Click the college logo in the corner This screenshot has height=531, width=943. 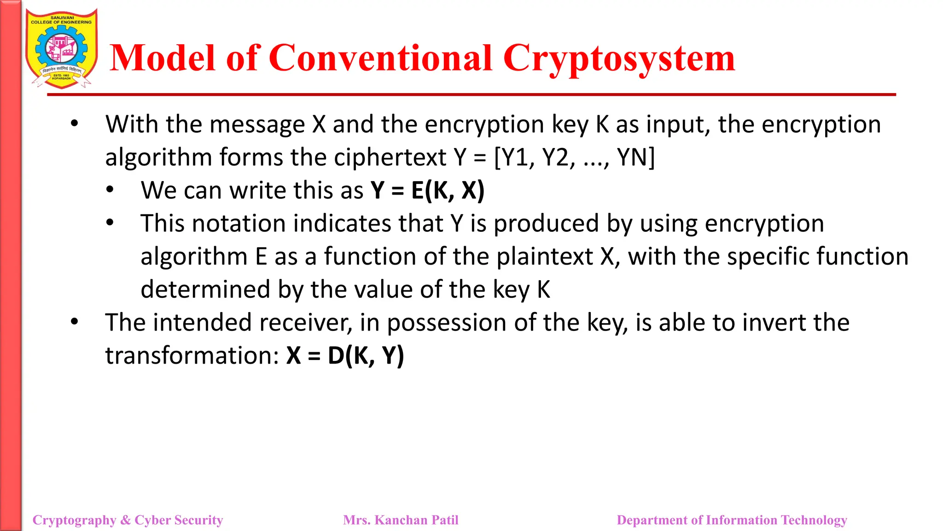click(x=61, y=48)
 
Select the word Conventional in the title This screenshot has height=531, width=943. click(x=380, y=59)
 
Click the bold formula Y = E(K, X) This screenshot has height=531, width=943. click(x=427, y=190)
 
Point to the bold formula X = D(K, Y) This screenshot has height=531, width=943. click(x=345, y=355)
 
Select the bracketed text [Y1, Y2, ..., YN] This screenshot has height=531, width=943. click(x=574, y=158)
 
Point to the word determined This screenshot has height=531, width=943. click(x=205, y=289)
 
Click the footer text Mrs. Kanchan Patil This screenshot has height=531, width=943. click(x=401, y=520)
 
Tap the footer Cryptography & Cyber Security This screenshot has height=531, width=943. click(x=128, y=520)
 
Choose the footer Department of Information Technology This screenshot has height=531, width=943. click(x=732, y=520)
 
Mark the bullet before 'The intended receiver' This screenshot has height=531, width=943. click(x=75, y=322)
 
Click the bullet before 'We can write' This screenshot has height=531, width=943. click(x=110, y=190)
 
